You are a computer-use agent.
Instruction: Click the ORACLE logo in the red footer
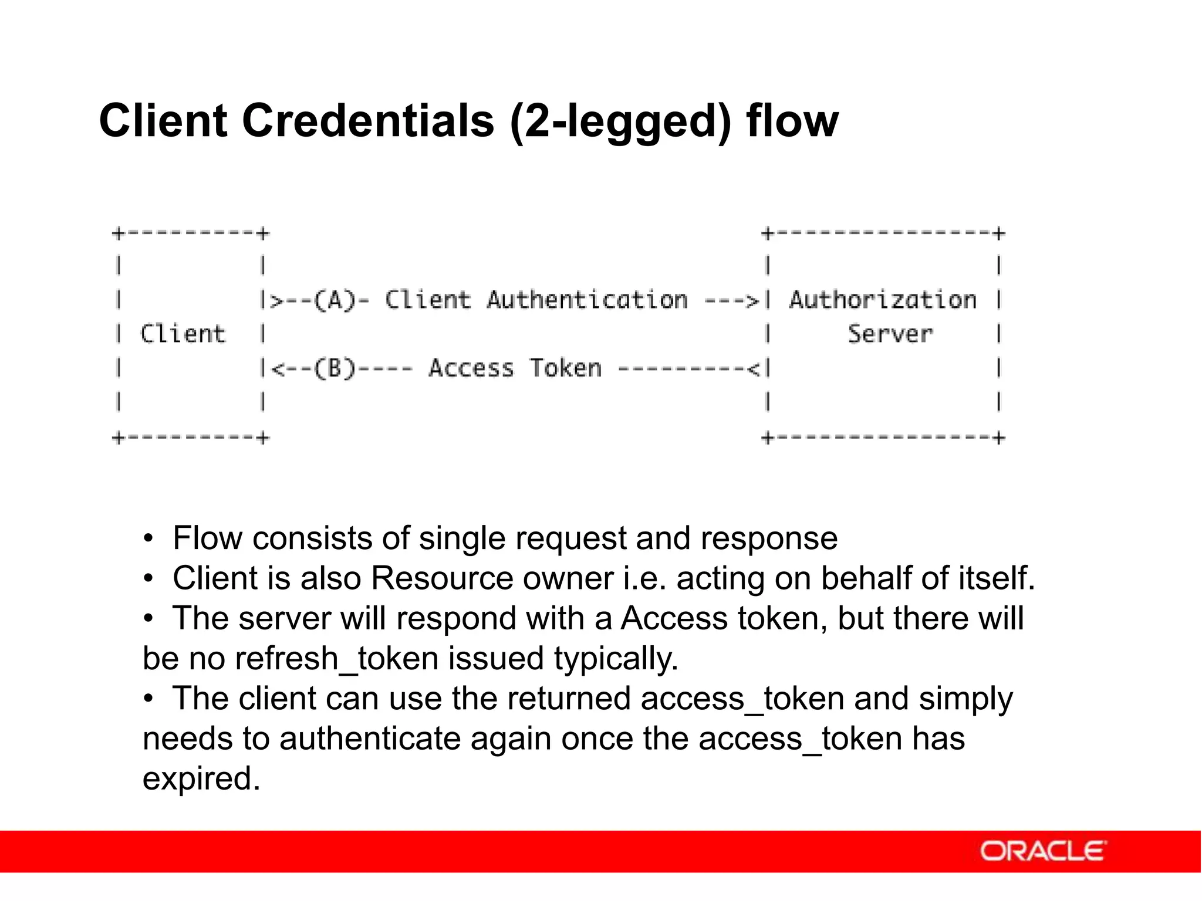pyautogui.click(x=1042, y=851)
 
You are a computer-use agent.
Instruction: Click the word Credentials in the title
pyautogui.click(x=368, y=121)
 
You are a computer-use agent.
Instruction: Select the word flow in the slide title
pyautogui.click(x=792, y=121)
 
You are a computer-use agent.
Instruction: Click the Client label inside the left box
pyautogui.click(x=183, y=334)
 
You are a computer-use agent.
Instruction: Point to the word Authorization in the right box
pyautogui.click(x=882, y=300)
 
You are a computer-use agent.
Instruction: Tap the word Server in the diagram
pyautogui.click(x=890, y=334)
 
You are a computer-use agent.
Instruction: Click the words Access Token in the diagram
pyautogui.click(x=515, y=368)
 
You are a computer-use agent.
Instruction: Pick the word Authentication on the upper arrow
pyautogui.click(x=587, y=300)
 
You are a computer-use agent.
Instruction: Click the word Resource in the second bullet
pyautogui.click(x=443, y=578)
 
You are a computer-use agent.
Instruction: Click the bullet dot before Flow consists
pyautogui.click(x=149, y=538)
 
